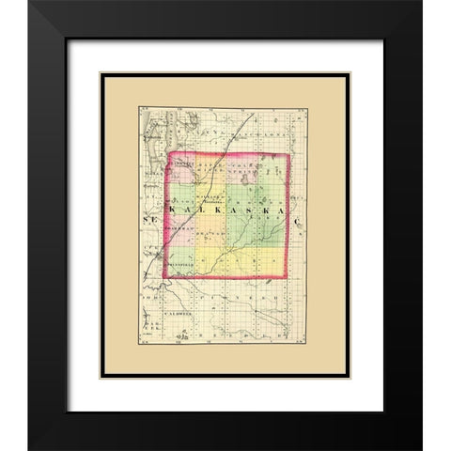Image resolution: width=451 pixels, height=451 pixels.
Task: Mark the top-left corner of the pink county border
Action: [168, 154]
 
